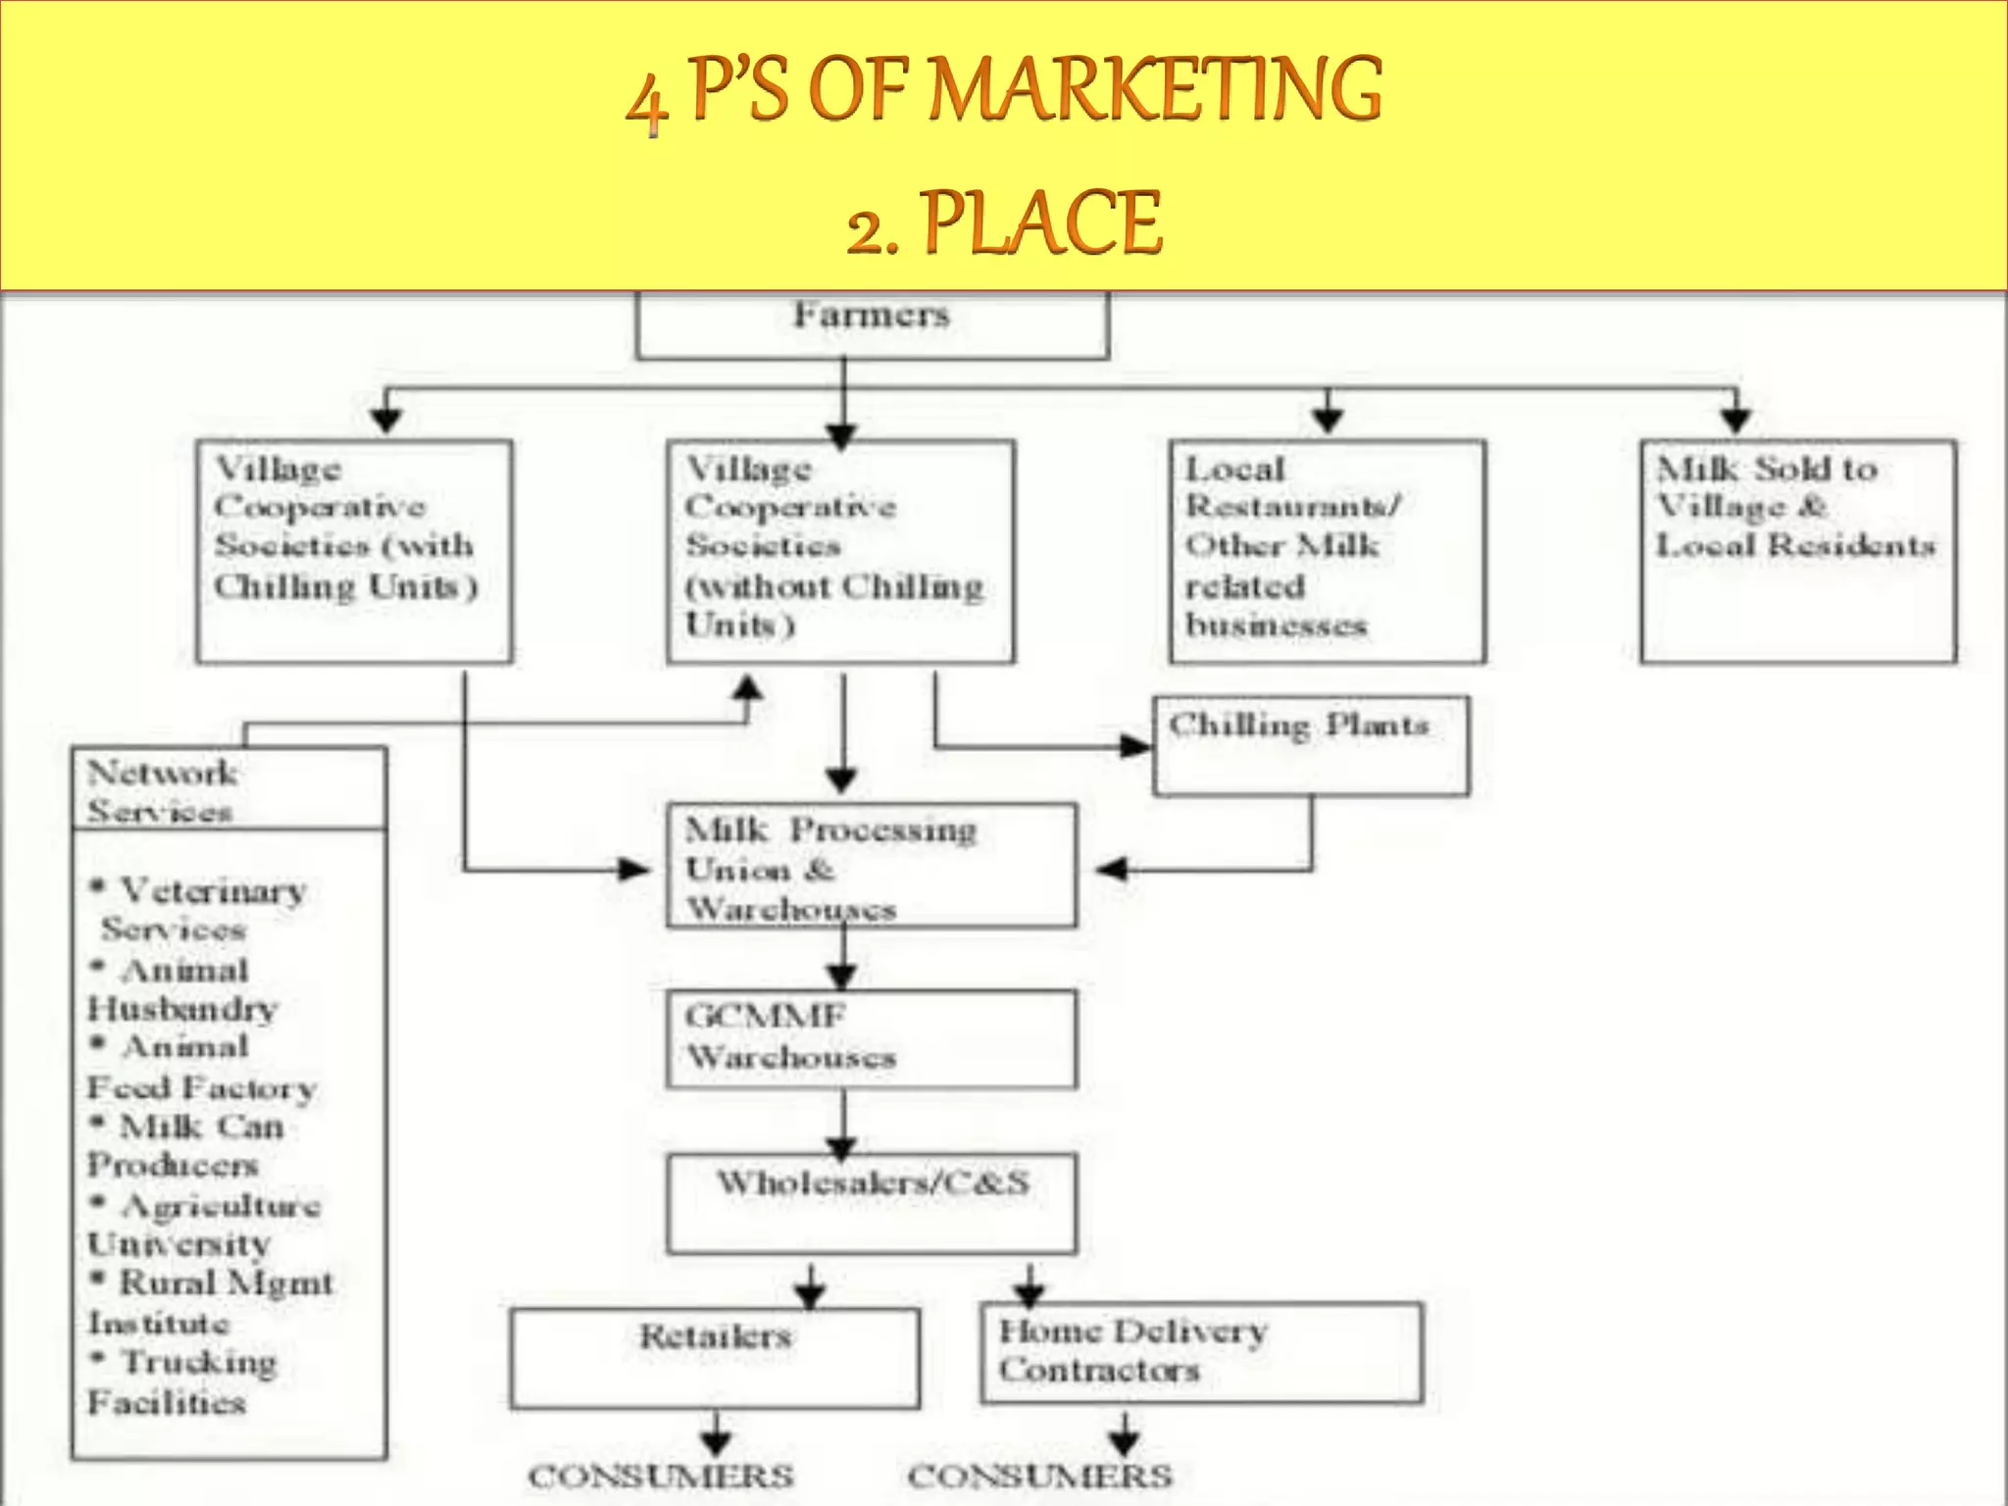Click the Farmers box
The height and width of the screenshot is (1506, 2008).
click(872, 325)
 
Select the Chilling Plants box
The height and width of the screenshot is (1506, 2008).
click(1311, 746)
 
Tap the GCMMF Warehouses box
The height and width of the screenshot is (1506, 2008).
click(871, 1038)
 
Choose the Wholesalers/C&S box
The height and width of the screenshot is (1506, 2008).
click(871, 1202)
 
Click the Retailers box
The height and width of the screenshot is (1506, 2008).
click(715, 1358)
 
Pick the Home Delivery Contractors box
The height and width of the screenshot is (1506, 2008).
click(1201, 1352)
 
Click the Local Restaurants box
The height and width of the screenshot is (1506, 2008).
click(1327, 552)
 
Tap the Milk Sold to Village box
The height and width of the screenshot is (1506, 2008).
click(1797, 552)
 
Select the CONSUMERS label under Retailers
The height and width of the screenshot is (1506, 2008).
click(661, 1476)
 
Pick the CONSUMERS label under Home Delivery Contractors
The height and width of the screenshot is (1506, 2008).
click(1039, 1476)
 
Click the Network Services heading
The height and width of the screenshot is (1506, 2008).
click(163, 790)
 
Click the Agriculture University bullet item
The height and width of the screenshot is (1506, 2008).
click(204, 1224)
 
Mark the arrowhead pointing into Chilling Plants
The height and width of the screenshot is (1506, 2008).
click(1137, 747)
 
